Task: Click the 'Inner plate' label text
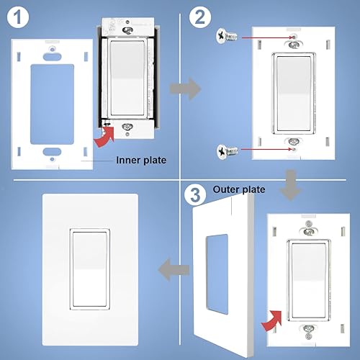[141, 161]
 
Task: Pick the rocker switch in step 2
[292, 91]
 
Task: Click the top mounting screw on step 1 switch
[127, 30]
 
